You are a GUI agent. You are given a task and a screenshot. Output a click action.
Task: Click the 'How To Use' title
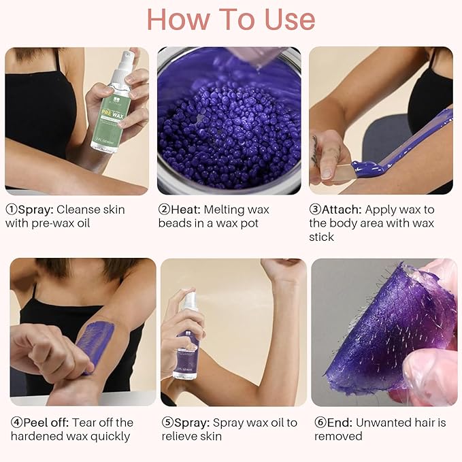click(x=231, y=20)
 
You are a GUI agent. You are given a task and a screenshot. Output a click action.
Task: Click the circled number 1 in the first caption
click(x=11, y=210)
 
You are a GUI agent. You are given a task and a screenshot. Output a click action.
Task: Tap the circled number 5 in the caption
click(x=167, y=423)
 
